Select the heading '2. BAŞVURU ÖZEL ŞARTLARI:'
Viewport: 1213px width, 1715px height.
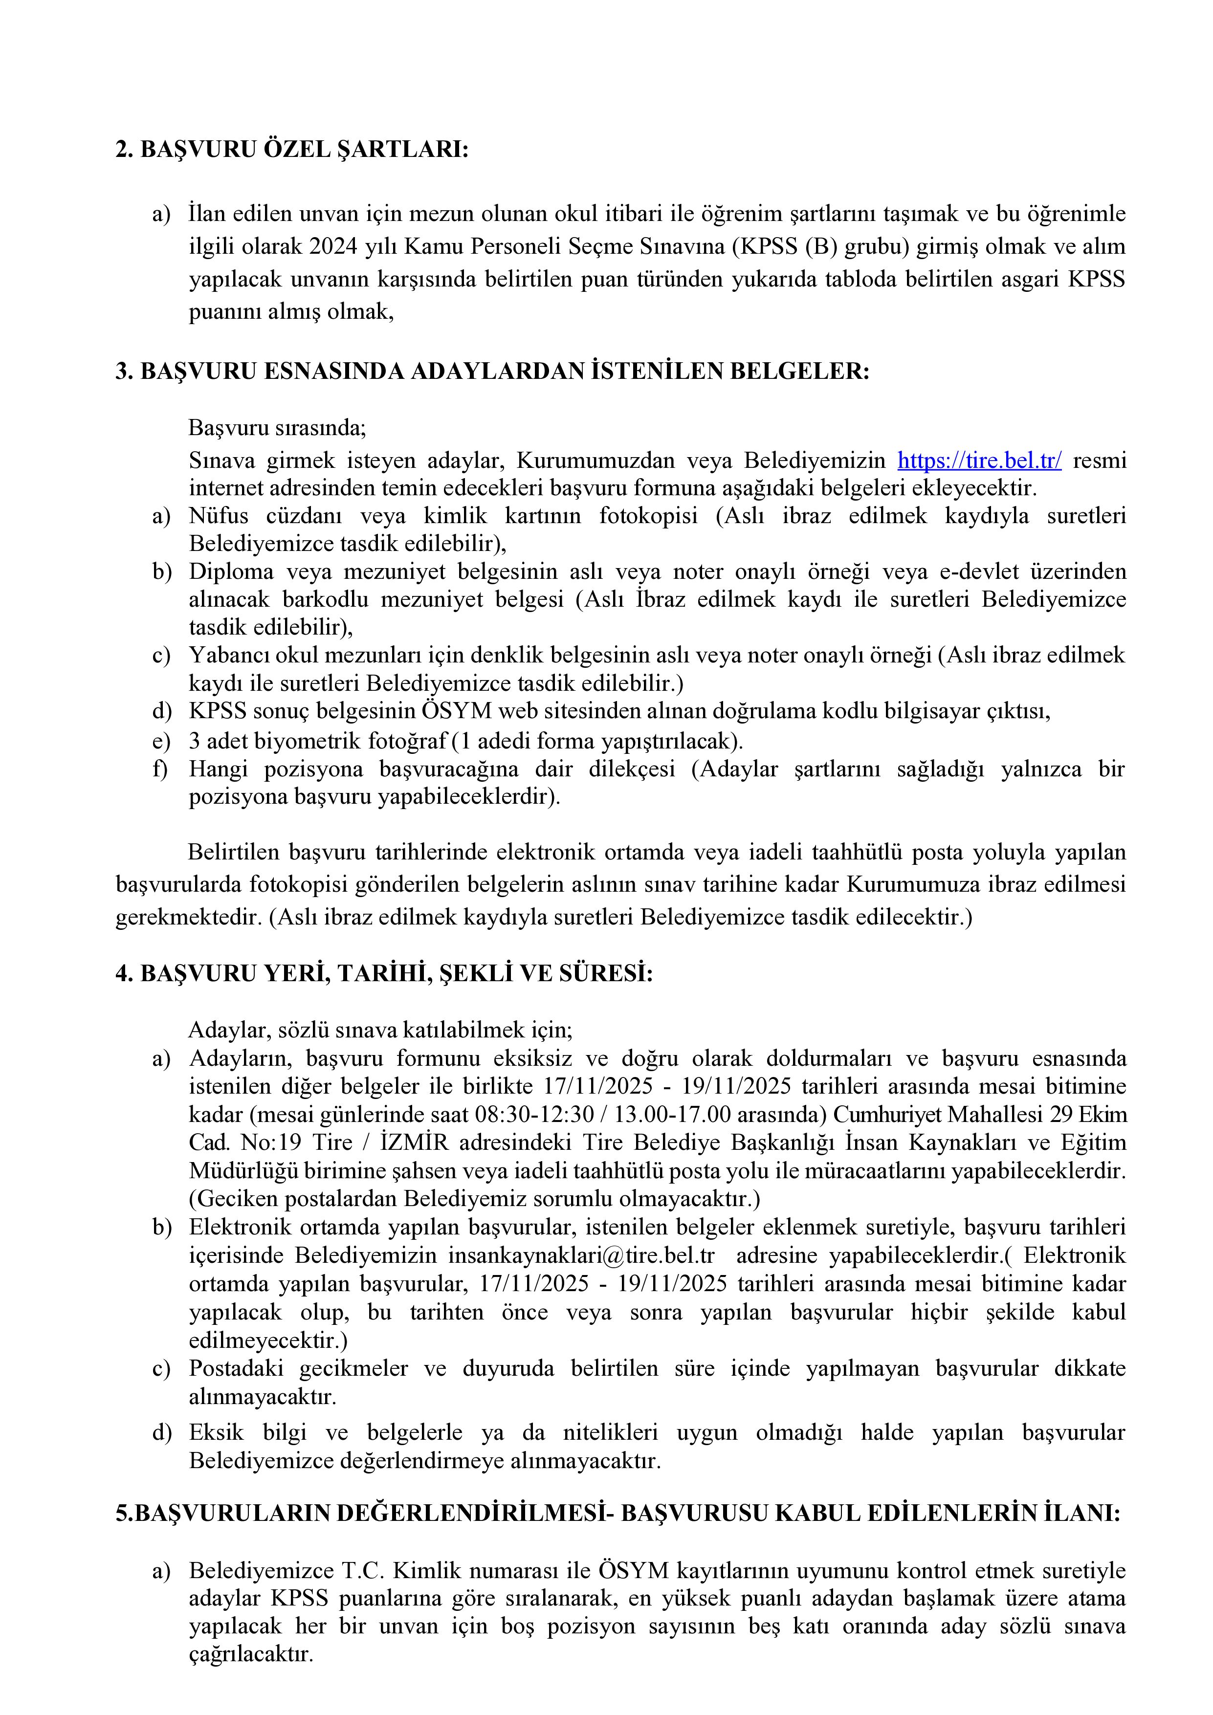tap(291, 150)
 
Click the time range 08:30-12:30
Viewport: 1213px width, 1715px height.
tap(534, 1115)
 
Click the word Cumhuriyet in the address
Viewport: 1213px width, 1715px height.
tap(888, 1115)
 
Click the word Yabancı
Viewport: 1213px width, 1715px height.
tap(229, 655)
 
